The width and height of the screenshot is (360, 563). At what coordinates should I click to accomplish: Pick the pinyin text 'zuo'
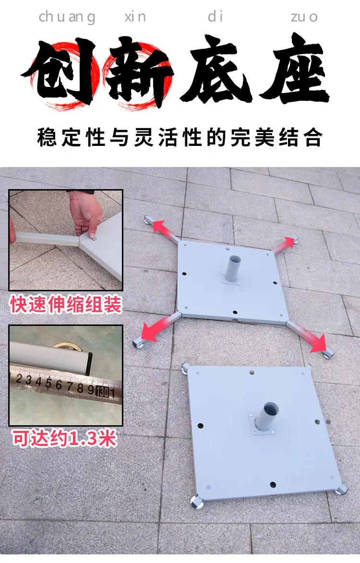point(304,17)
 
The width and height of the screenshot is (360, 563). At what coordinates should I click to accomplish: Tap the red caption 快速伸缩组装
point(66,305)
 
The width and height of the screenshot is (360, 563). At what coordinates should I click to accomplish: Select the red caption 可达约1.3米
point(65,438)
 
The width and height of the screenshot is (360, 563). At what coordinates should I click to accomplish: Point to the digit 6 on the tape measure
point(59,384)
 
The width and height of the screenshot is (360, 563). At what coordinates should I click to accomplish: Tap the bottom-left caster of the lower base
point(196,503)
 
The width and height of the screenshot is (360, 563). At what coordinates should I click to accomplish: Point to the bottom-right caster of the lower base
point(341,490)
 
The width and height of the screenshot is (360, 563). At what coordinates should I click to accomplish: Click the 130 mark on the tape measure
point(103,391)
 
